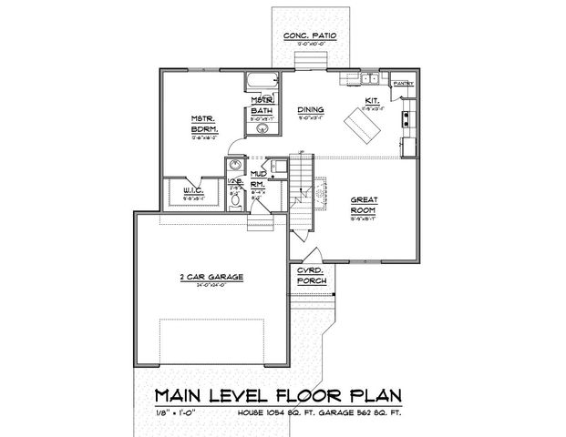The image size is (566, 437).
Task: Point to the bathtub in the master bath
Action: click(x=259, y=83)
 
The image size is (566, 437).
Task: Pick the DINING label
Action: click(x=314, y=108)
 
